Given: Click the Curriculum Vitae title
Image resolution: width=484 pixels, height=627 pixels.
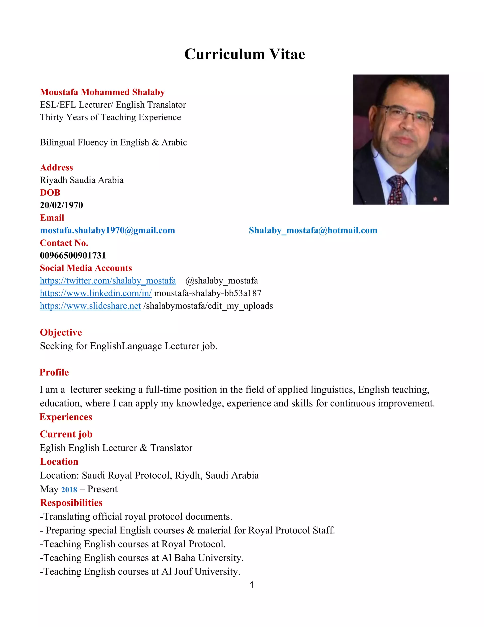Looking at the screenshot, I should [245, 54].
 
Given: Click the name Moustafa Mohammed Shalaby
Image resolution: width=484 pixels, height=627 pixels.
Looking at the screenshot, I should [102, 92].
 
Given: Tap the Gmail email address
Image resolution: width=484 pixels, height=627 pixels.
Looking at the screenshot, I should [108, 230].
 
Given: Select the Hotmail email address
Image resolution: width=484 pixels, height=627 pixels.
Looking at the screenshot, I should [313, 230].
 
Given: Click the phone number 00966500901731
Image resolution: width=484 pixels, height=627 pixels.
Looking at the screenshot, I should [73, 256].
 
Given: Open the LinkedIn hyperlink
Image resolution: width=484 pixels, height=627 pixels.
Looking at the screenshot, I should [96, 293].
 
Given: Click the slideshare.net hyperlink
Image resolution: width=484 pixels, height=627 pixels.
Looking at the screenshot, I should [90, 306].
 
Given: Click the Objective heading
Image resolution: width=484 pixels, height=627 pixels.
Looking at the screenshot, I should [61, 332].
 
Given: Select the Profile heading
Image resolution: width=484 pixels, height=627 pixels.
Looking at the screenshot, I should [54, 372].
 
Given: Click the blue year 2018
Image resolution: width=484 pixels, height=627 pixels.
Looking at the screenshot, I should [69, 490].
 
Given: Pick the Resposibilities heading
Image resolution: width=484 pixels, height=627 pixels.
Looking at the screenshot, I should [71, 503].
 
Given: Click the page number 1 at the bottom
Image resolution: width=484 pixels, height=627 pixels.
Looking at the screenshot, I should [252, 585].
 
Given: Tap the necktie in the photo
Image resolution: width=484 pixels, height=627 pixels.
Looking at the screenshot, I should [397, 190].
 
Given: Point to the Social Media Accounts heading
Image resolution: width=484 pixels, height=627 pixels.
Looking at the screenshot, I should [86, 268].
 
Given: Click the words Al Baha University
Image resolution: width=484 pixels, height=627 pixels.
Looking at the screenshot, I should [203, 558].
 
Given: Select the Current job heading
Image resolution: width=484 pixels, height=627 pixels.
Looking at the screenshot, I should [66, 434].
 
